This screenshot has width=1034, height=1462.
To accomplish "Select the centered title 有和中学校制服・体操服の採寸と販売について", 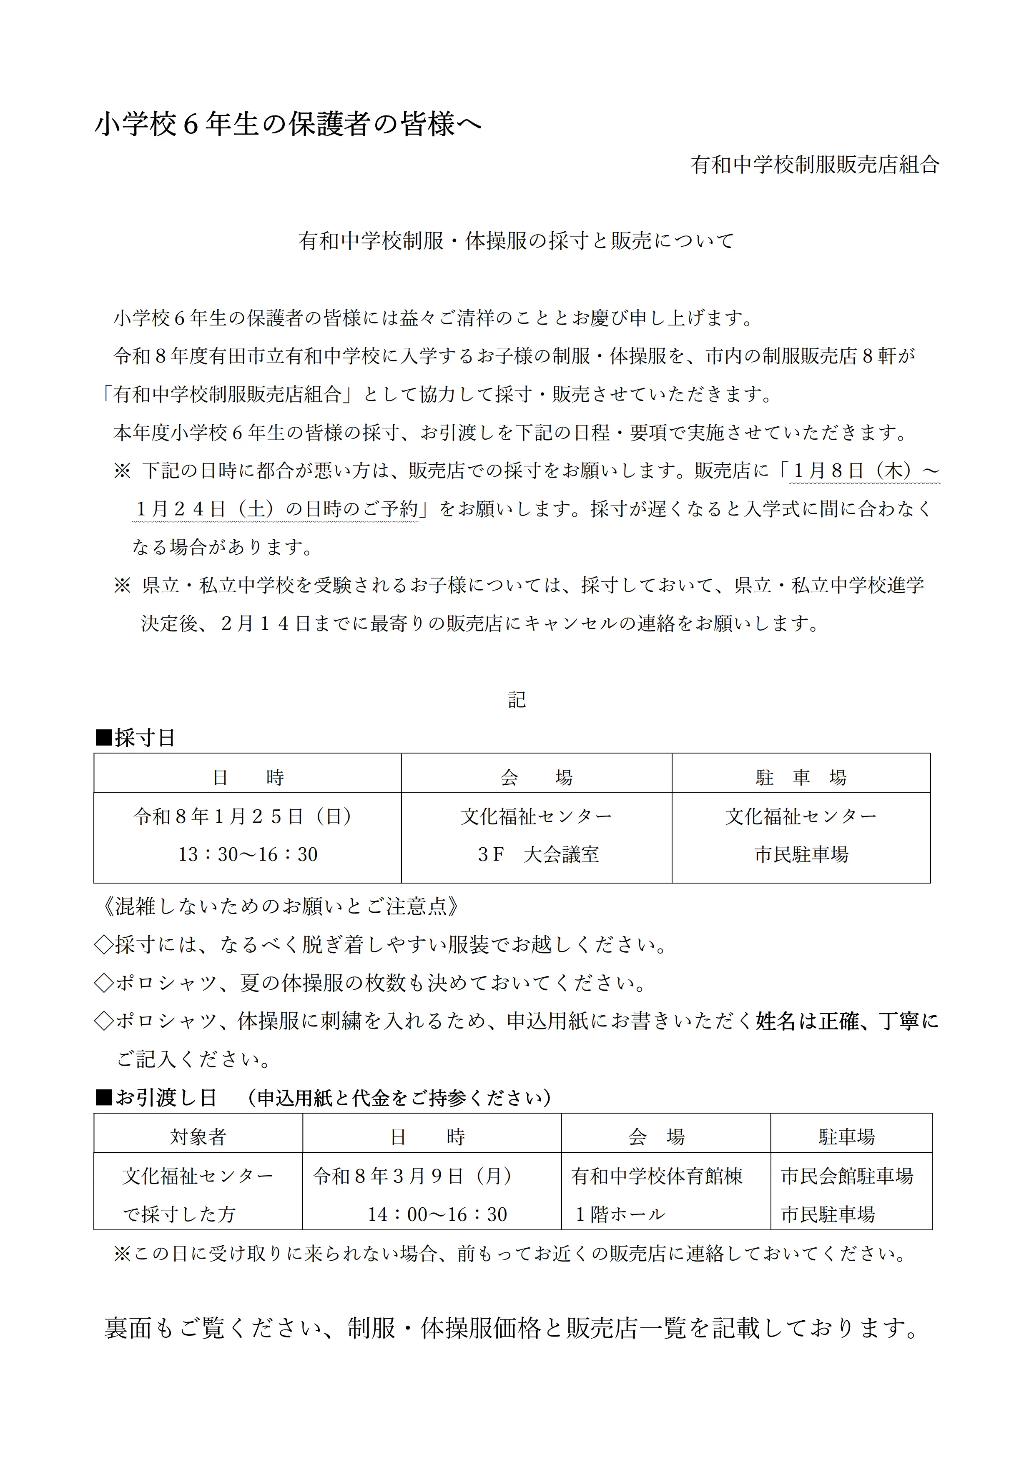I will point(517,241).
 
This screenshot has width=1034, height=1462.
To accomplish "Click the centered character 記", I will point(517,700).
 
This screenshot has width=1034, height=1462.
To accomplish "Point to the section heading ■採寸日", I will point(135,738).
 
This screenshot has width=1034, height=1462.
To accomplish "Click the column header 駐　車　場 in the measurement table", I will point(801,778).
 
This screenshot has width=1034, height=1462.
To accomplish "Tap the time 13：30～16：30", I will point(248,854).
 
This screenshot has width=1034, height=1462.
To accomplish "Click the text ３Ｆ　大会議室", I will point(538,854).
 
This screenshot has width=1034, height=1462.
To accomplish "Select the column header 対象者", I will point(198,1137).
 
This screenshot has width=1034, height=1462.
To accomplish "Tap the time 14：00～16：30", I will point(437,1214).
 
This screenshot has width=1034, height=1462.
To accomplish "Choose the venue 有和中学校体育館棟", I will point(657,1175).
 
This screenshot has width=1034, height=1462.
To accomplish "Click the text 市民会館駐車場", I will point(847,1175).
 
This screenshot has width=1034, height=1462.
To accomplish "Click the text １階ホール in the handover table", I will point(620,1214).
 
